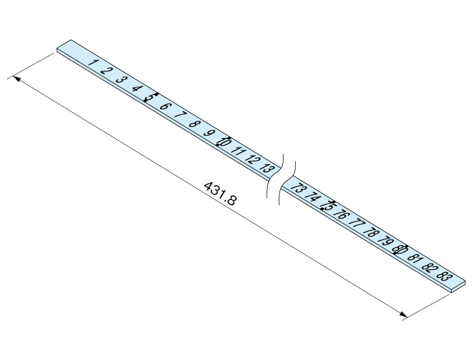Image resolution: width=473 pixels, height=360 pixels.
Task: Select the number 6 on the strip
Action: coord(165,106)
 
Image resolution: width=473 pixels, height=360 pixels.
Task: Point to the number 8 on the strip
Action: coord(194,124)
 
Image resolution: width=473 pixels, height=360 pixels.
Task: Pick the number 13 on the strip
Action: coord(268,168)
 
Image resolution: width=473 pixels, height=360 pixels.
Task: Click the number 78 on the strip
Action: coord(371,232)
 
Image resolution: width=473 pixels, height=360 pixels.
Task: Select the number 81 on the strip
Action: coord(414,258)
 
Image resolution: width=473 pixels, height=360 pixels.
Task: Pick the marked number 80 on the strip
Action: coord(400,249)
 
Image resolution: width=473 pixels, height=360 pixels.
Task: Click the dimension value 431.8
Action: coord(220,195)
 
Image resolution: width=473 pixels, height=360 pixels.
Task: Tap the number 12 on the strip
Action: coord(253,159)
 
